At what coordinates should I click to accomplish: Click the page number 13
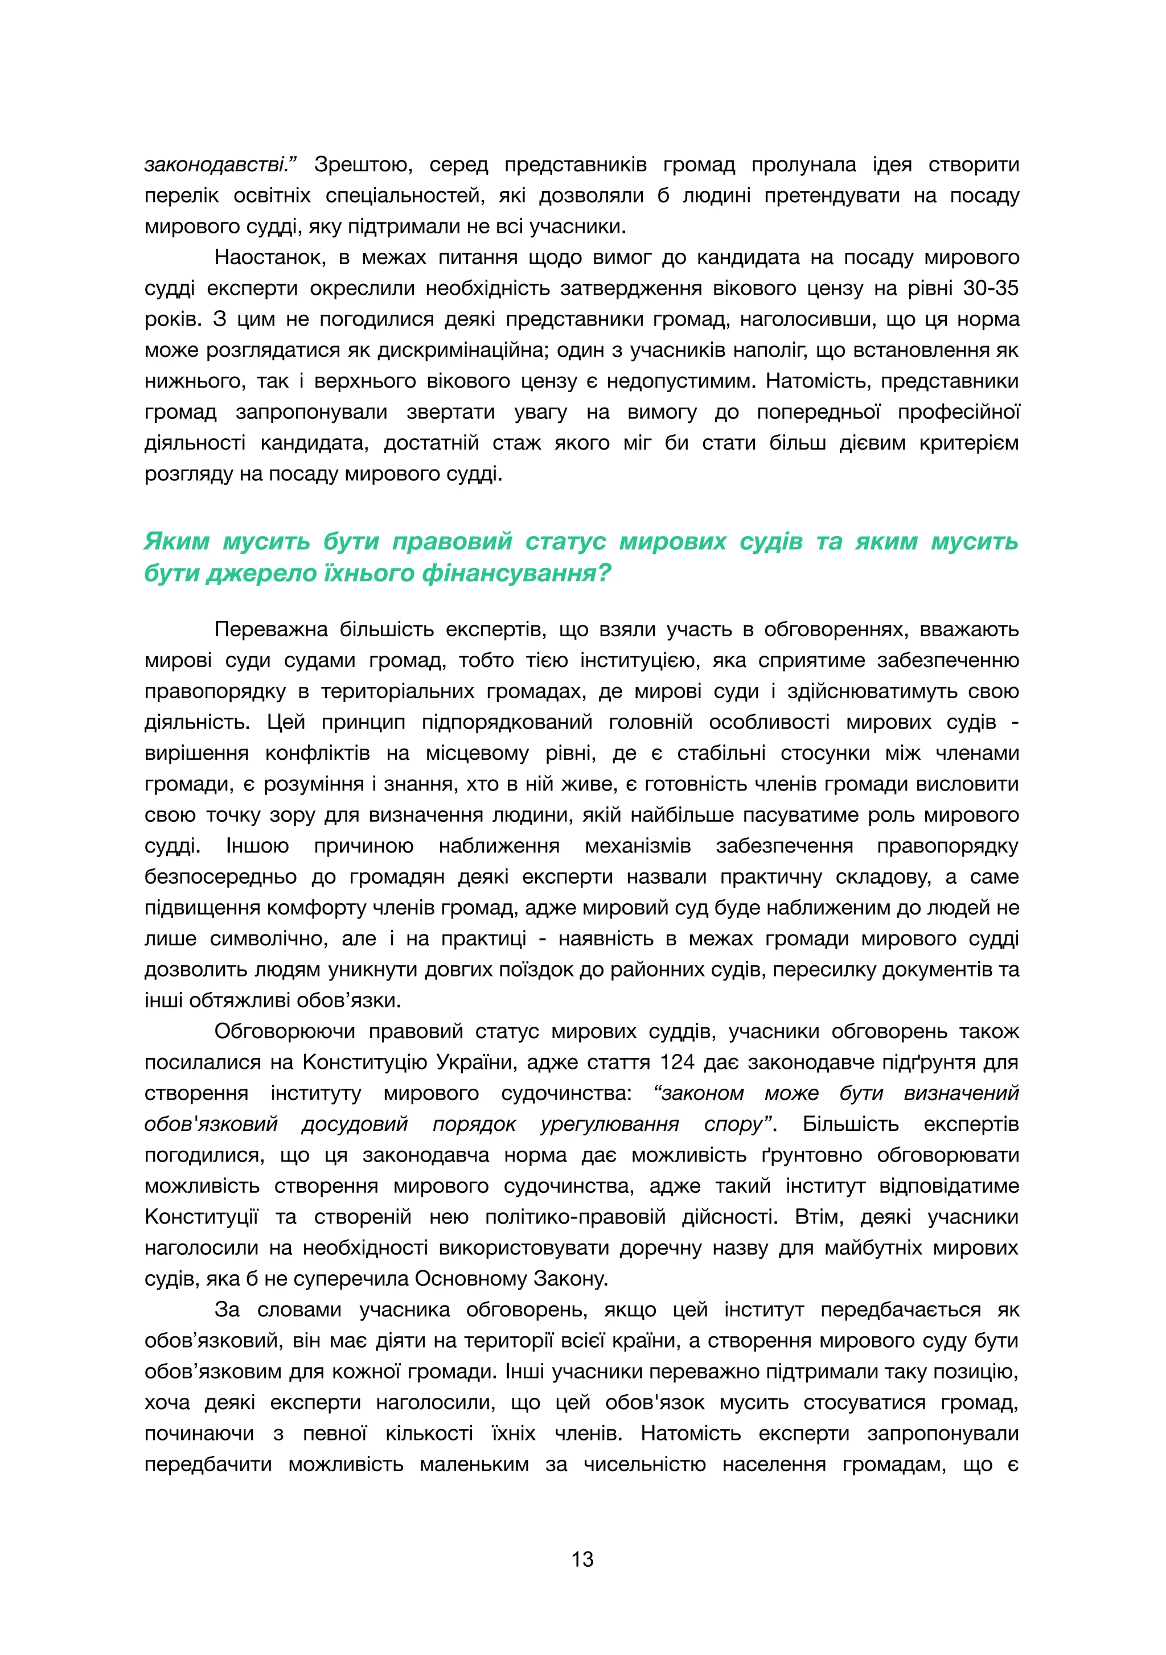[582, 1559]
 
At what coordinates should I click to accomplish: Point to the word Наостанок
[270, 257]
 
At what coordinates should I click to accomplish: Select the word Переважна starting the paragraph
[270, 629]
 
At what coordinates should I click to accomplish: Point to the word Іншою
[257, 846]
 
